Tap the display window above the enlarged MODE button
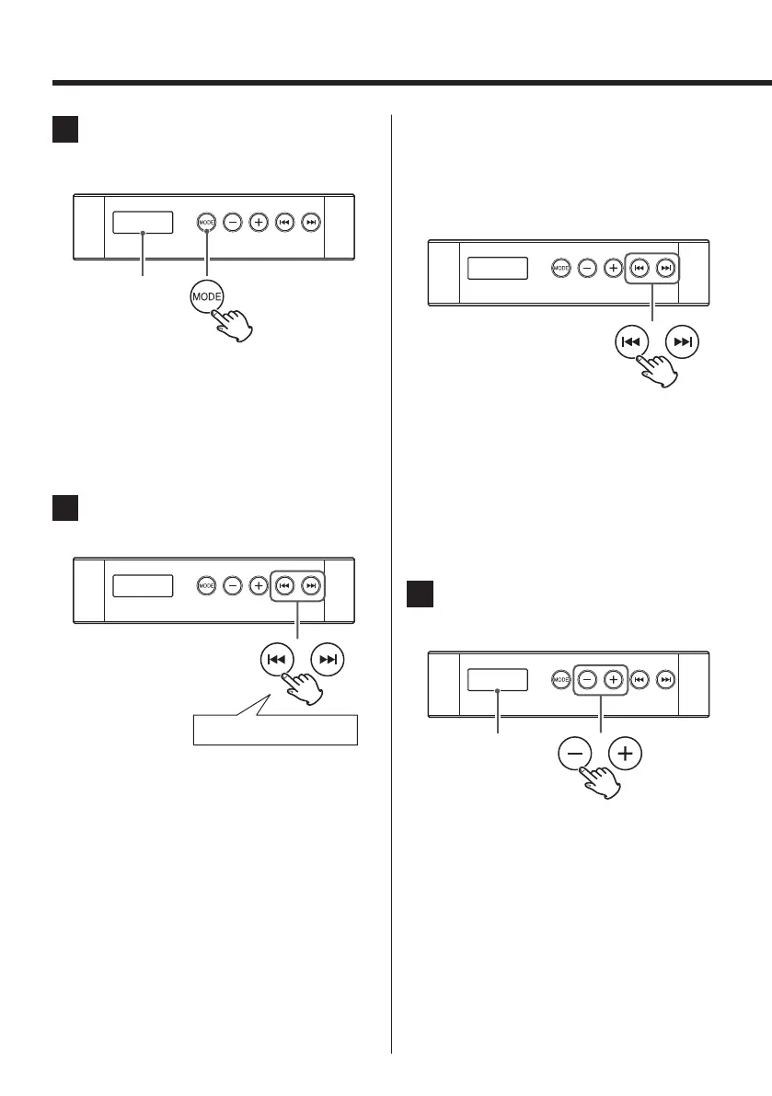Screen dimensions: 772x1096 pyautogui.click(x=143, y=223)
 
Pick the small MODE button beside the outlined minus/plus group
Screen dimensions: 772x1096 pyautogui.click(x=561, y=679)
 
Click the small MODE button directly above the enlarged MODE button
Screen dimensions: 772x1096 pyautogui.click(x=206, y=223)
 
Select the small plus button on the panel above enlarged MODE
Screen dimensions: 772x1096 pyautogui.click(x=259, y=223)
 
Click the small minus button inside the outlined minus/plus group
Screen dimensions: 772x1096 pyautogui.click(x=587, y=679)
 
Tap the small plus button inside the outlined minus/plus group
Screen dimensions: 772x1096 pyautogui.click(x=614, y=679)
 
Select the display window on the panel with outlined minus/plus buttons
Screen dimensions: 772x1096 pyautogui.click(x=498, y=679)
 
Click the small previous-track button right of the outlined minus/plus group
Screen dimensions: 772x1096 pyautogui.click(x=641, y=679)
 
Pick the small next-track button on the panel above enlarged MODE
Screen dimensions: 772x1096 pyautogui.click(x=312, y=223)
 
